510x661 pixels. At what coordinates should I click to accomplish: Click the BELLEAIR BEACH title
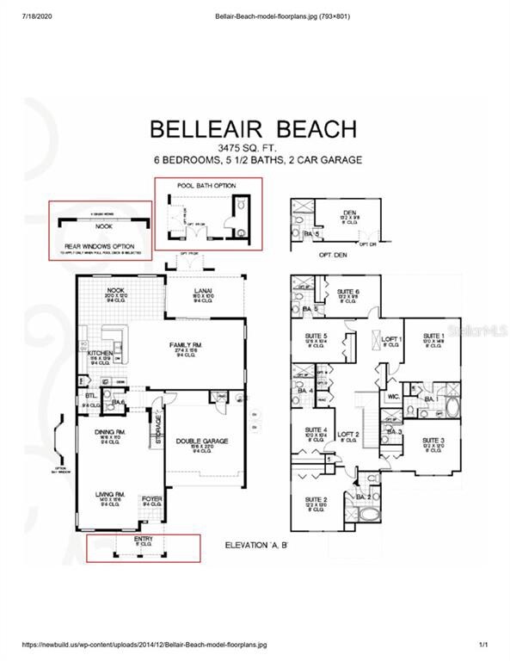[254, 129]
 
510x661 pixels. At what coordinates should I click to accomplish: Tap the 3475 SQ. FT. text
[254, 148]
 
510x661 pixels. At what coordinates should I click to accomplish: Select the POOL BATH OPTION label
[206, 186]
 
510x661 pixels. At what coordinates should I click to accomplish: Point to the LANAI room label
[203, 292]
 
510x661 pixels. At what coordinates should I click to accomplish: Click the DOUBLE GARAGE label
[203, 440]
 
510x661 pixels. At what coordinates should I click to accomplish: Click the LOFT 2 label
[347, 434]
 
